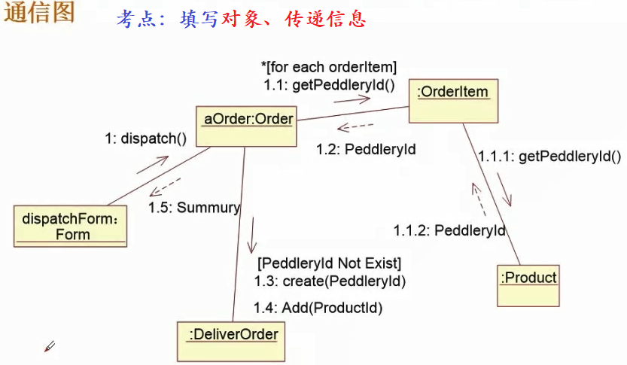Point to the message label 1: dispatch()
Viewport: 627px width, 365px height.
145,138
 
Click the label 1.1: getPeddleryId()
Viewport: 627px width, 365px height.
329,85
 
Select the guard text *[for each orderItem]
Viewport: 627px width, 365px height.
329,68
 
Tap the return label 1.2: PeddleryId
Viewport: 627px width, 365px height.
366,149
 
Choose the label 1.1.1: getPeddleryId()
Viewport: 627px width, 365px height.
549,157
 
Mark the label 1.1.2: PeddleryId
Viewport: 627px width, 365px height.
449,230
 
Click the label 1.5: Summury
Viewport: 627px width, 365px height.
194,207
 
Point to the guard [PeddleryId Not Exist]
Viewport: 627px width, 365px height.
330,263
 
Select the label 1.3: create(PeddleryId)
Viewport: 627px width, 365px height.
330,281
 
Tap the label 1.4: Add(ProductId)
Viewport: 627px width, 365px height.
318,307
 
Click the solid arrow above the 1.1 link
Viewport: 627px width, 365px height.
353,99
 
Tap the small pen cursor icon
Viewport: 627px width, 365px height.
50,346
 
